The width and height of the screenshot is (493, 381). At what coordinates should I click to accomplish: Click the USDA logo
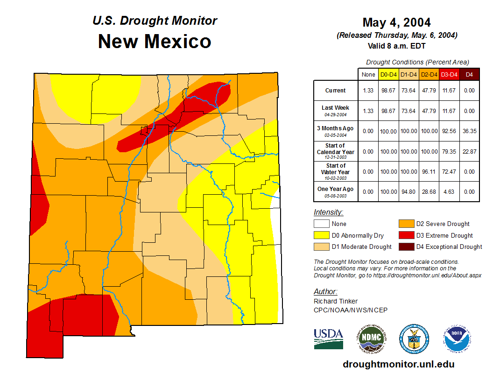(328, 339)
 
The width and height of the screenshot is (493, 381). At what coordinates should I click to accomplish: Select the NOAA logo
(457, 339)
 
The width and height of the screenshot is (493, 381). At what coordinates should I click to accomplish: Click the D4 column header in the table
(470, 74)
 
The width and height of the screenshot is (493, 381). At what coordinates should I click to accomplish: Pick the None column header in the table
(368, 74)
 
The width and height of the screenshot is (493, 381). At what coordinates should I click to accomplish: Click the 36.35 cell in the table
(470, 131)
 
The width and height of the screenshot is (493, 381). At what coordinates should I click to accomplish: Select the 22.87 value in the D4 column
(470, 152)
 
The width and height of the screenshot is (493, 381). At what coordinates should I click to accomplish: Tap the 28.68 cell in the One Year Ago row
(429, 191)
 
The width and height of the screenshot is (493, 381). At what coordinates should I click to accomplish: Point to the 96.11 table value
(429, 172)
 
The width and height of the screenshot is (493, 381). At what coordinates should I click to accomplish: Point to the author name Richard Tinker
(336, 301)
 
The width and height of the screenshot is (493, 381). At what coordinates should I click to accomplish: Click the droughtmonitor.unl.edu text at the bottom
(398, 364)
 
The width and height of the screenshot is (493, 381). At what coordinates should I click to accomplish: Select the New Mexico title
(155, 42)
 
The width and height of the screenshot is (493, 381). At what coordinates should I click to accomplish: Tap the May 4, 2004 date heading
(396, 22)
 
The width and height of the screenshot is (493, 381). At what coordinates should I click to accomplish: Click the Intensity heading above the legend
(328, 212)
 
